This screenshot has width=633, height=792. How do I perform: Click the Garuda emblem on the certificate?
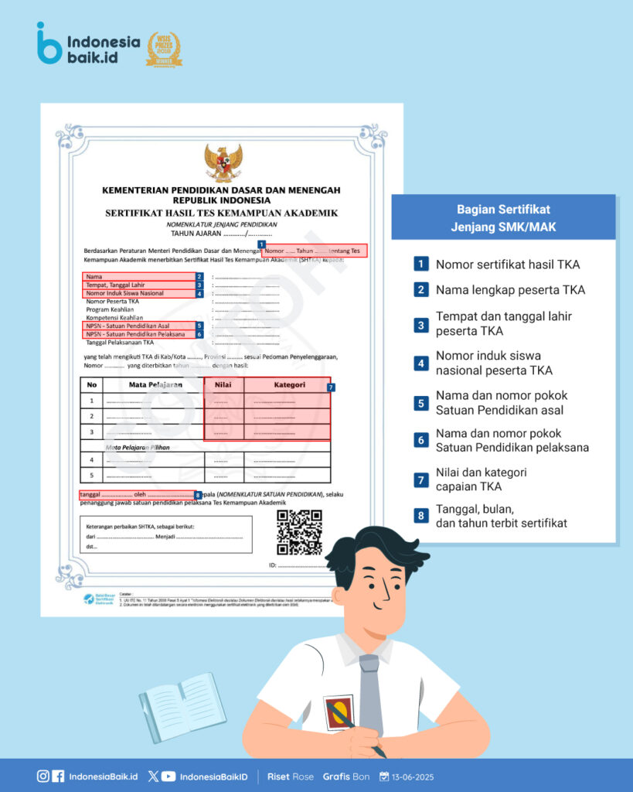coord(223,162)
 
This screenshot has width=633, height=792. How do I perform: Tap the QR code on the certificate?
coord(299,533)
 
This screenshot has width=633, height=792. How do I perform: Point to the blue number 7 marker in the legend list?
coord(420,480)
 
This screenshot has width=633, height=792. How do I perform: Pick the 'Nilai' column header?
coord(224,384)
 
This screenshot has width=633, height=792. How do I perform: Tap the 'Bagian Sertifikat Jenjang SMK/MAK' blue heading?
coord(503,217)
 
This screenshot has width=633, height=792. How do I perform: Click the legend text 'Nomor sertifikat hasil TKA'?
coord(507,265)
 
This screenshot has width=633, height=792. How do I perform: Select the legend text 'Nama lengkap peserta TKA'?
coord(510,290)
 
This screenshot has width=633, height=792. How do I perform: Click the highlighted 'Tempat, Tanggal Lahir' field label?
coord(116,285)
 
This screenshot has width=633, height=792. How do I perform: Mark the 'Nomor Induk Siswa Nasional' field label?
coord(125,293)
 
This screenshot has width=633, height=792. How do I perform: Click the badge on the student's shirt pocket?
coord(338,712)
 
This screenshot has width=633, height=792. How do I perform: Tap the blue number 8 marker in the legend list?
coord(420,516)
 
